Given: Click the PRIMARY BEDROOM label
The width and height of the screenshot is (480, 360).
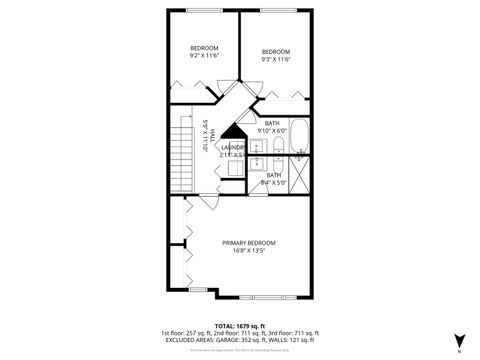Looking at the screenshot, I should (x=249, y=243).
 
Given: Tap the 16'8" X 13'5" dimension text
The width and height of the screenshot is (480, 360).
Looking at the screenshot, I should (x=249, y=252).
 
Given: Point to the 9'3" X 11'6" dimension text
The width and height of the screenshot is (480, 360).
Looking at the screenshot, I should (x=276, y=61).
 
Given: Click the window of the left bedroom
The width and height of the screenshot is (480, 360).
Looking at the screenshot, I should (x=204, y=11).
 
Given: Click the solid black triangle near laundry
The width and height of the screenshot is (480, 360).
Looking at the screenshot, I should (x=233, y=132).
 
